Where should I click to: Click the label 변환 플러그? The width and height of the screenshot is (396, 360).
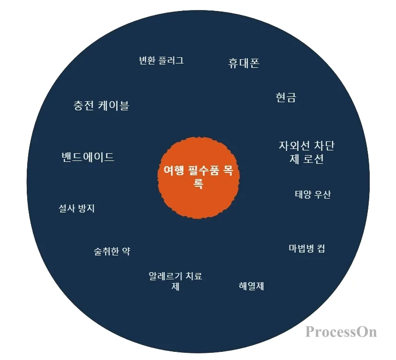[x=161, y=61]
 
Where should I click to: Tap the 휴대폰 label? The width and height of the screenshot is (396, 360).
[x=244, y=64]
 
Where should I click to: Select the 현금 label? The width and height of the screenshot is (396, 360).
[x=286, y=97]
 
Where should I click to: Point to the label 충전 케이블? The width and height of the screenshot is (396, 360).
[x=101, y=106]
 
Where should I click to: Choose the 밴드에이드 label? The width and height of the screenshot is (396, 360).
[x=88, y=157]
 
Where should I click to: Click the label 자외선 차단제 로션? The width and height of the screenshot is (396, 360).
[x=306, y=152]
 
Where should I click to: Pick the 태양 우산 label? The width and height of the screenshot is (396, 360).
[x=312, y=194]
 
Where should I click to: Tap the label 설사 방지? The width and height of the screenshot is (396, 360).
[x=76, y=208]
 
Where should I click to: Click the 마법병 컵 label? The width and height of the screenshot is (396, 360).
[x=307, y=249]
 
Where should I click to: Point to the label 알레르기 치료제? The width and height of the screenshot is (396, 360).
[x=175, y=281]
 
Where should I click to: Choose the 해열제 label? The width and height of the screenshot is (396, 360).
[x=251, y=286]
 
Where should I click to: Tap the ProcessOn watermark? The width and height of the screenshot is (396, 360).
[x=341, y=331]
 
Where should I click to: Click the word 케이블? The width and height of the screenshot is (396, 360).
[x=114, y=106]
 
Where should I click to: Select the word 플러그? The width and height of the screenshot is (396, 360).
[x=172, y=61]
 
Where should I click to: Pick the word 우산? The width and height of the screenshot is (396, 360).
[x=322, y=194]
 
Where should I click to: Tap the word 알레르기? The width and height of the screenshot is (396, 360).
[x=165, y=276]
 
